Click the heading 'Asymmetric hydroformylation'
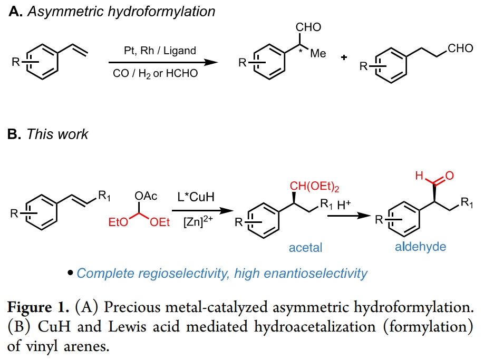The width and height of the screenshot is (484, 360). pyautogui.click(x=121, y=12)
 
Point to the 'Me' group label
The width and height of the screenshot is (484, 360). pyautogui.click(x=318, y=53)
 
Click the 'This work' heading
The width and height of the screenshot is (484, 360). pyautogui.click(x=57, y=134)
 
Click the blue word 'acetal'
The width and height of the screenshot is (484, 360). pyautogui.click(x=306, y=247)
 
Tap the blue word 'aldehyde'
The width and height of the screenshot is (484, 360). pyautogui.click(x=421, y=246)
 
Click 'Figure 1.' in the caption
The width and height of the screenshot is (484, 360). pyautogui.click(x=37, y=306)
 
